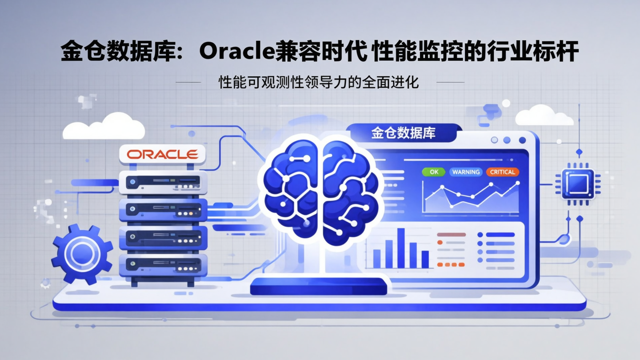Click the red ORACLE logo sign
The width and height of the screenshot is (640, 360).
162,155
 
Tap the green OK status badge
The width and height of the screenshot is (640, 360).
433,172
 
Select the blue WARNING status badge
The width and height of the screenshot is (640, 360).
466,172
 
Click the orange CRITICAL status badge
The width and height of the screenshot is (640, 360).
502,172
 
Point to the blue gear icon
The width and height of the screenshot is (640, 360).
82,253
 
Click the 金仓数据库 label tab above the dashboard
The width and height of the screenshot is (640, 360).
403,133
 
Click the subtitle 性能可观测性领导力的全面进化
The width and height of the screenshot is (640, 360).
319,83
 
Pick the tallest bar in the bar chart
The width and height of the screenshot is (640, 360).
401,248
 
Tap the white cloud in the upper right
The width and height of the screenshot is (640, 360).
544,116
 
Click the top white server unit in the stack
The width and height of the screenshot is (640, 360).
163,182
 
